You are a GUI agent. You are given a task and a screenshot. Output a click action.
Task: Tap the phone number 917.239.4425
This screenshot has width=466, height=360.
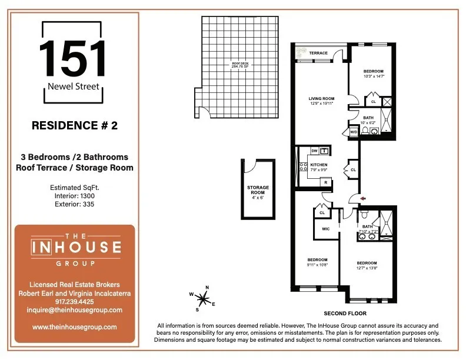coord(74,301)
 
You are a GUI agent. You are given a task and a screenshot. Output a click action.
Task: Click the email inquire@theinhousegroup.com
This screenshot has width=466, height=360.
coord(74,310)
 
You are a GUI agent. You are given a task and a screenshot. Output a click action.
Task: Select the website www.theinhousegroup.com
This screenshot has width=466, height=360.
coord(74,326)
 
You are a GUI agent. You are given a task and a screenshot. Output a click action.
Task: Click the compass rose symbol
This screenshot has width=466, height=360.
coord(202,298)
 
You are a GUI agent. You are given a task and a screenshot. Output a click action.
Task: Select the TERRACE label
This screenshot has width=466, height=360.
coord(318,53)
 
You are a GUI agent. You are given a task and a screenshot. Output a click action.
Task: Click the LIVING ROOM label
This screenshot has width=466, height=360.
coord(322,101)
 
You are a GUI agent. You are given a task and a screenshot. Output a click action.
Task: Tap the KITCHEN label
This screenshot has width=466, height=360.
coord(318,167)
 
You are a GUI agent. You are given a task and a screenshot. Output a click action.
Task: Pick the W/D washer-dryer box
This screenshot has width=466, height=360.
coord(354,132)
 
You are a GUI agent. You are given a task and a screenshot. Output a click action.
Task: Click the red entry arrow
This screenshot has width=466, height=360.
coord(362,198)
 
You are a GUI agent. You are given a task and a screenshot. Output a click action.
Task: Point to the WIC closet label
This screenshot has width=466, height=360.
coord(325,229)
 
